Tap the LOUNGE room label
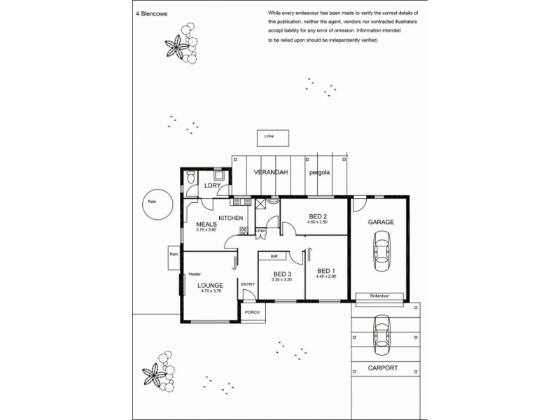pyautogui.click(x=209, y=285)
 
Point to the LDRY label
pyautogui.click(x=212, y=185)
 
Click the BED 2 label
pyautogui.click(x=318, y=216)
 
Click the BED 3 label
pyautogui.click(x=281, y=273)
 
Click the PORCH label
pyautogui.click(x=252, y=312)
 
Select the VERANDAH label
pyautogui.click(x=268, y=171)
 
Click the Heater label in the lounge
pyautogui.click(x=195, y=274)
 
